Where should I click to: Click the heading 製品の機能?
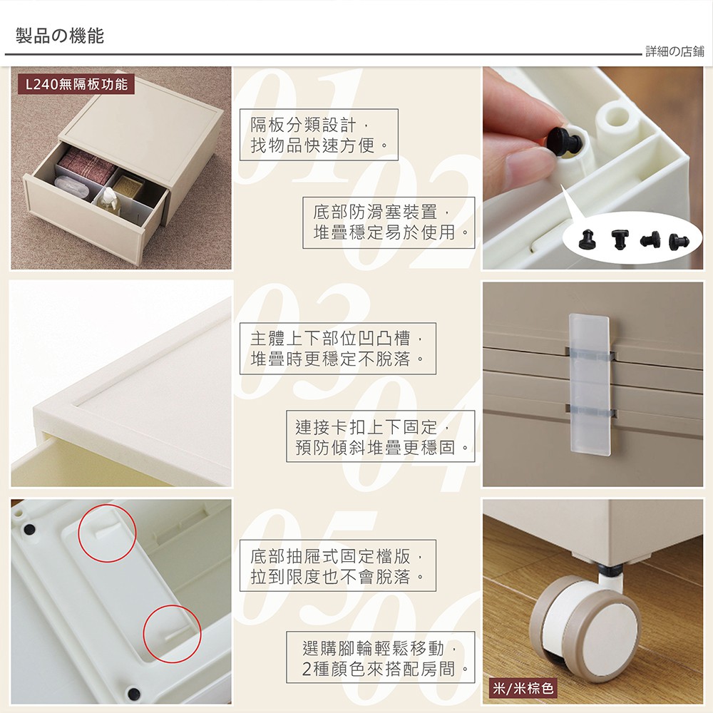tap(60, 36)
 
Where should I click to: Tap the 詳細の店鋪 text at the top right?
tap(674, 51)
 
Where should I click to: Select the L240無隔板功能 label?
tap(76, 84)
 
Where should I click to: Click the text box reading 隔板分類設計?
tap(319, 135)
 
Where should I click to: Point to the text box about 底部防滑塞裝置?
tap(389, 222)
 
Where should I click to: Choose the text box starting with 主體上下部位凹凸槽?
tap(338, 349)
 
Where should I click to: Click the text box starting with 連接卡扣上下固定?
tap(381, 436)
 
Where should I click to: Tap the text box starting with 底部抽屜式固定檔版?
tap(338, 565)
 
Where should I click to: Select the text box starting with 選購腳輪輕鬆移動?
tap(381, 657)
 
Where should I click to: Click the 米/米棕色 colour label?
tap(523, 688)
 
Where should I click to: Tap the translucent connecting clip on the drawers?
tap(590, 384)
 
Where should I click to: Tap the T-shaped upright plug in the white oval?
tap(620, 239)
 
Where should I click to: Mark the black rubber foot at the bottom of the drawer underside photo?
tap(134, 693)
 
